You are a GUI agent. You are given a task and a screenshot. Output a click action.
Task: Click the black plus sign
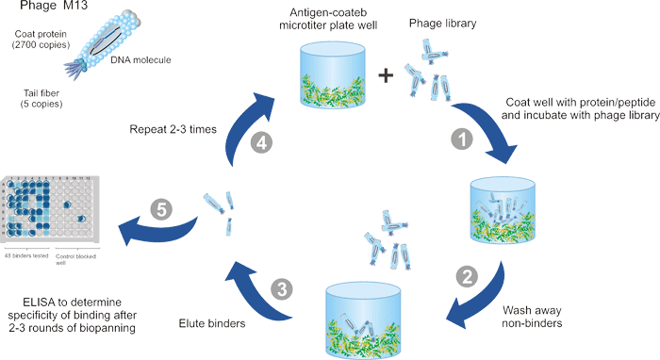385,77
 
